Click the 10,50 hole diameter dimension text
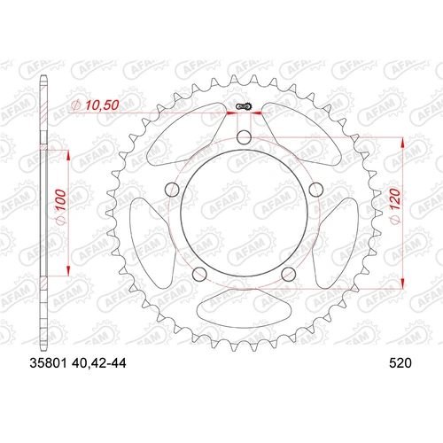pyautogui.click(x=93, y=105)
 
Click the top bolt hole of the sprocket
pyautogui.click(x=244, y=136)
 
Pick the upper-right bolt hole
pyautogui.click(x=314, y=187)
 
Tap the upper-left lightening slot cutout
pyautogui.click(x=185, y=129)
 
